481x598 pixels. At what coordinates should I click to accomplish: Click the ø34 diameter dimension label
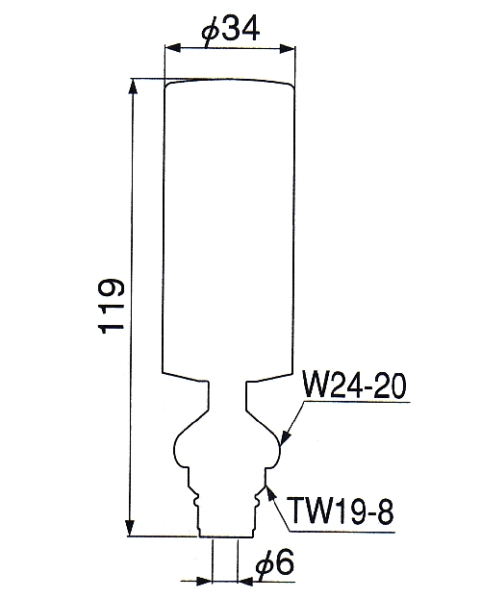(x=231, y=31)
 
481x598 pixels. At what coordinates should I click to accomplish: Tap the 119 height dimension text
(x=112, y=307)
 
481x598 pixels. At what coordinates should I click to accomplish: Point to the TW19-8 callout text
(x=341, y=511)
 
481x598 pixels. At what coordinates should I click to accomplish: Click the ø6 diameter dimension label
(x=275, y=563)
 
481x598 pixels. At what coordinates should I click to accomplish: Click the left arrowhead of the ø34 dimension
(x=172, y=48)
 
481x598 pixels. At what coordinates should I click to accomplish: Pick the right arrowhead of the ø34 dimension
(x=287, y=48)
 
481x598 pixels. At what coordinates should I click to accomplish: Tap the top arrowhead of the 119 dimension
(x=133, y=87)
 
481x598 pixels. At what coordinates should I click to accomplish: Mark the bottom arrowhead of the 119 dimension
(x=131, y=528)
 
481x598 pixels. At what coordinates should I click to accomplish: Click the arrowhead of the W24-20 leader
(x=285, y=437)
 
